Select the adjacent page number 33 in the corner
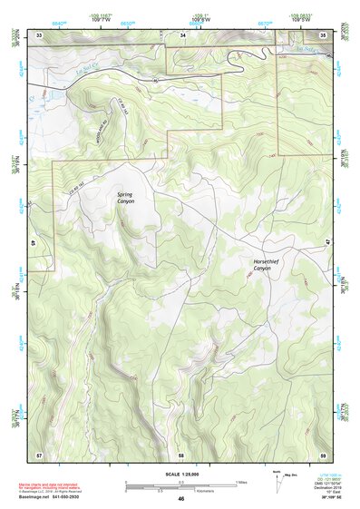click(39, 35)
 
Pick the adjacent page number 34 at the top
click(182, 35)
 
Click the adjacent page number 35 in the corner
click(324, 35)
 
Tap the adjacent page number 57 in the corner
click(39, 453)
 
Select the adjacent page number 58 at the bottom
click(181, 453)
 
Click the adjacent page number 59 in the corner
click(324, 453)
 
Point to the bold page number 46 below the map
click(181, 498)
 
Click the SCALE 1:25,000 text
click(180, 474)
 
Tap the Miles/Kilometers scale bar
click(180, 485)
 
